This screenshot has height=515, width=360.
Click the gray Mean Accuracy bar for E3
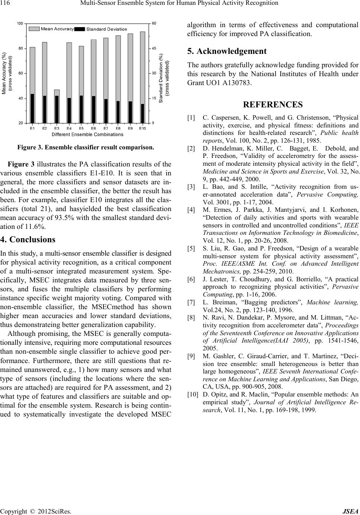57,93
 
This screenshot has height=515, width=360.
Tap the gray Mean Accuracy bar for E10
142,67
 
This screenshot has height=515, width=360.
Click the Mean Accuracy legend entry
52,29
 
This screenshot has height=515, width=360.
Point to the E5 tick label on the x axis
81,129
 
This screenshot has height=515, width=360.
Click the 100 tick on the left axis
20,23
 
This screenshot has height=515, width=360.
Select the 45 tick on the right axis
154,48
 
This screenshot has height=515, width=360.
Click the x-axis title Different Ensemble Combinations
87,134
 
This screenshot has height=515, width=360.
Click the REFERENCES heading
273,104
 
